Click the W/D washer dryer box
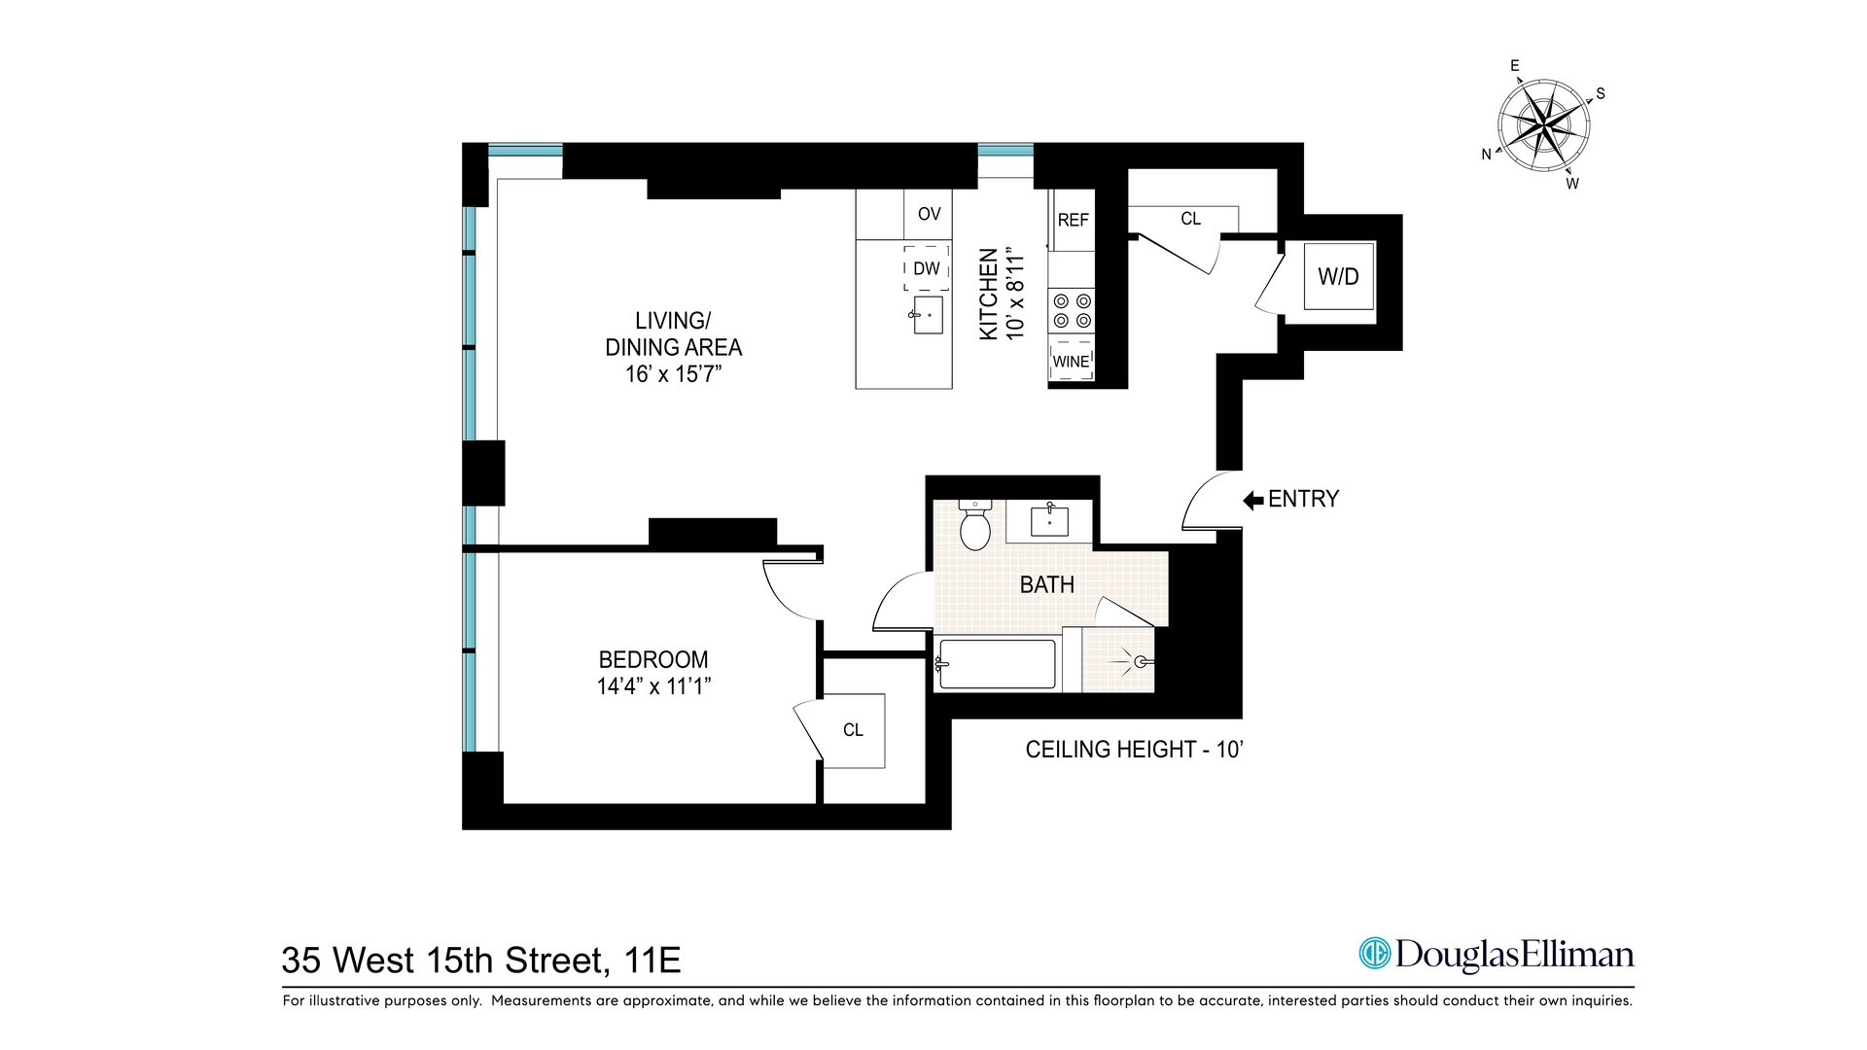pos(1338,276)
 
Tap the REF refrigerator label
pos(1073,221)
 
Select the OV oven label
pos(929,214)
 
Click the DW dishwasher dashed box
pos(926,268)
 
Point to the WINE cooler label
pos(1071,362)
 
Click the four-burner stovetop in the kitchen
pos(1072,311)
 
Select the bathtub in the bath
pos(998,664)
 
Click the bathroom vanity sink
pos(1049,521)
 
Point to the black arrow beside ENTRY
pos(1252,500)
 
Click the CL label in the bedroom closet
pos(853,730)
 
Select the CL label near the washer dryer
pos(1190,219)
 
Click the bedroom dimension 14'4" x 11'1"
pos(653,686)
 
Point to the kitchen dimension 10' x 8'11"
pos(1015,294)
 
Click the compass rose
pos(1543,125)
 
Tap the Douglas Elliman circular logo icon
pos(1375,954)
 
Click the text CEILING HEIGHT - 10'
pos(1134,750)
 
